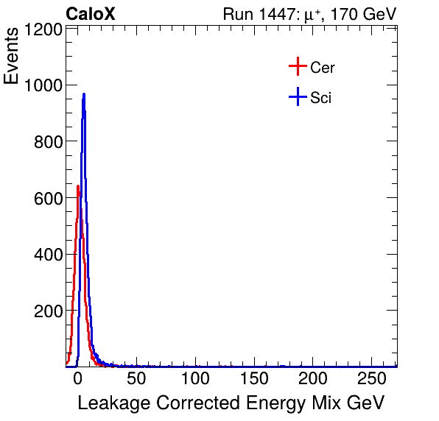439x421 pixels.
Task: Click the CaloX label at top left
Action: [91, 14]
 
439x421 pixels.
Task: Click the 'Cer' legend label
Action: [323, 68]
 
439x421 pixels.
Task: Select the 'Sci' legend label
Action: [320, 97]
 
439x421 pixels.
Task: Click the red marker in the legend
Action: [297, 67]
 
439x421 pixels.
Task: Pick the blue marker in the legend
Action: [297, 96]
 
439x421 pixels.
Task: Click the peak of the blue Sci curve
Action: [84, 94]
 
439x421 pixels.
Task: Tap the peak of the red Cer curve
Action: [77, 186]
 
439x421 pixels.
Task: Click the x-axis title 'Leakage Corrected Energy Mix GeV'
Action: [231, 403]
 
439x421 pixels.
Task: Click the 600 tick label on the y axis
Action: [48, 199]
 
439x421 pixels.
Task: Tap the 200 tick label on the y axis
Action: [48, 311]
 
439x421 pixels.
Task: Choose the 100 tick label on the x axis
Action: [196, 379]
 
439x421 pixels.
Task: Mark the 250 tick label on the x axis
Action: [373, 379]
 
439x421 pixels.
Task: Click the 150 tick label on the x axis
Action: [255, 379]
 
